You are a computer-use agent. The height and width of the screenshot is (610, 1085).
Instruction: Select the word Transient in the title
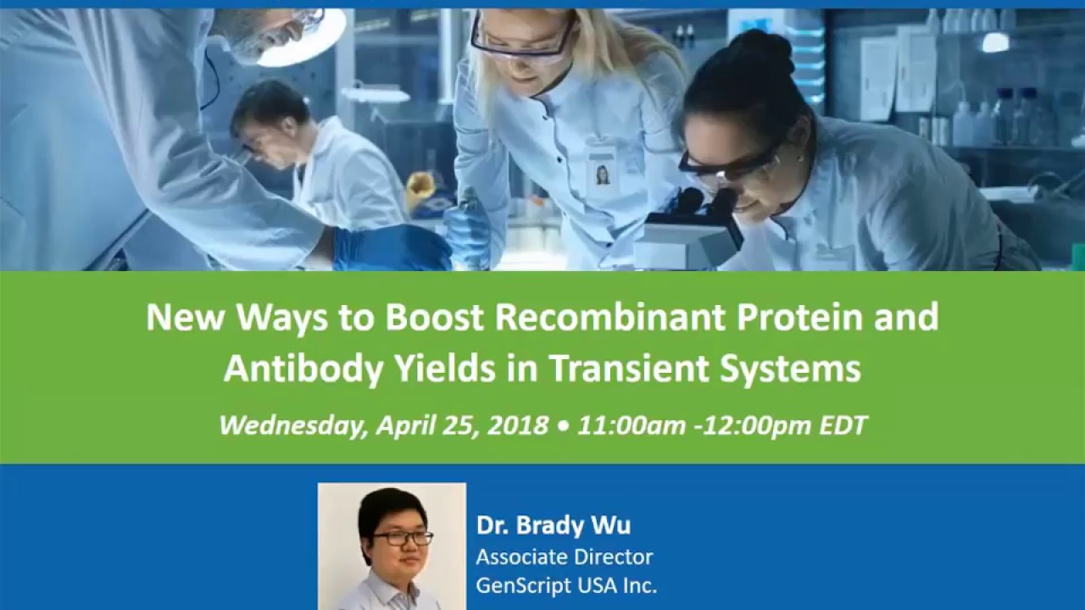(x=653, y=368)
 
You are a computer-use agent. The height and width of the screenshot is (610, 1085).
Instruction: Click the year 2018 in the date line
(x=519, y=424)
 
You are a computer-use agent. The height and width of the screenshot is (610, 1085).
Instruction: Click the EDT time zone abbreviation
(x=843, y=424)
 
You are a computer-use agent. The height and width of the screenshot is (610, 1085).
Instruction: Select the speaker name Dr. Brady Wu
(x=553, y=525)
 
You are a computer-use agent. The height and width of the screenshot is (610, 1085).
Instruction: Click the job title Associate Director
(x=564, y=557)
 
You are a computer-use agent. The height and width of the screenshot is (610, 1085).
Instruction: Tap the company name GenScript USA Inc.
(x=566, y=585)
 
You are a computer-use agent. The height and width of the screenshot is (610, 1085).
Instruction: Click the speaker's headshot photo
(x=392, y=546)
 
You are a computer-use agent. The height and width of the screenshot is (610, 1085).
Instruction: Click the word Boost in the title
(x=436, y=317)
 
